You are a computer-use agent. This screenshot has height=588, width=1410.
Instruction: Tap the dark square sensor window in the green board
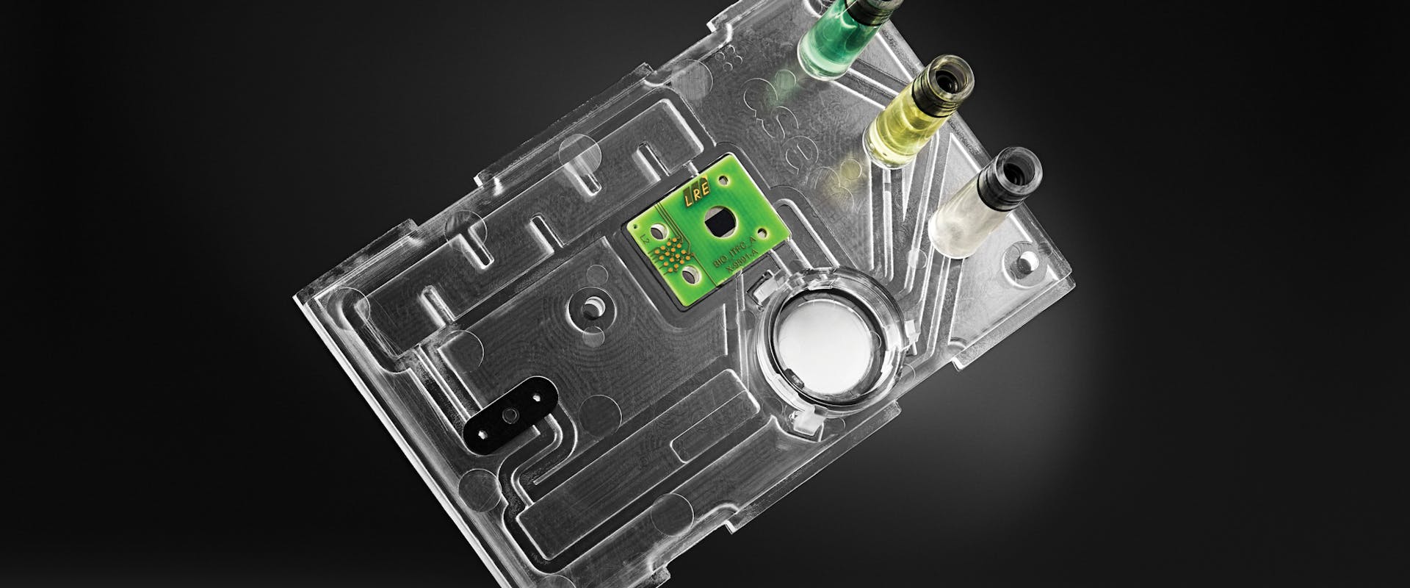coord(719,223)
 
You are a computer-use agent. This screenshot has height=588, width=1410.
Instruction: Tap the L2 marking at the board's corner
coord(645,239)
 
